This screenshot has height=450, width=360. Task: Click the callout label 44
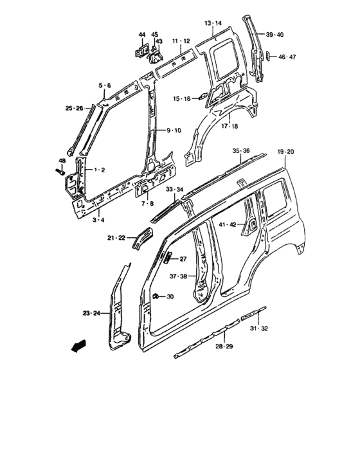[142, 34]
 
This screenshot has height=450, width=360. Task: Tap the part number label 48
[62, 160]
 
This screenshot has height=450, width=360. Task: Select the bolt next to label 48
[59, 172]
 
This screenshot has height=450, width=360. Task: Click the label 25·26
[74, 108]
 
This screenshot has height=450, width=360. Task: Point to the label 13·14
[213, 23]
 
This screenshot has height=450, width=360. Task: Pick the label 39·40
[274, 34]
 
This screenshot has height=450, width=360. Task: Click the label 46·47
[286, 57]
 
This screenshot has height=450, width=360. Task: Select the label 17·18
[230, 127]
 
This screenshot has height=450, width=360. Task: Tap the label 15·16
[182, 98]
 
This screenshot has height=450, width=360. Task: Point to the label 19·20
[286, 151]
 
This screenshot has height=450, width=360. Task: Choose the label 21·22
[117, 238]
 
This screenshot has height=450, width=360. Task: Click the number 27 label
[183, 260]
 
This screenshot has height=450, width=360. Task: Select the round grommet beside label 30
[156, 296]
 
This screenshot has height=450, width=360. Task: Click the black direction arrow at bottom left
[78, 346]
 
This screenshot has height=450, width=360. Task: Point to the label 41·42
[228, 224]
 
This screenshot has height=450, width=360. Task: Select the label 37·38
[179, 277]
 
